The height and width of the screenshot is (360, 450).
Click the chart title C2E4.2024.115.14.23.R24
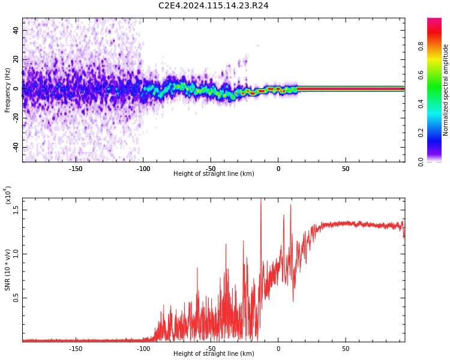pyautogui.click(x=213, y=5)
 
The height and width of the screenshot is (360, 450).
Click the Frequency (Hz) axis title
pyautogui.click(x=7, y=90)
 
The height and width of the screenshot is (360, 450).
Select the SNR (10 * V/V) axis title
pyautogui.click(x=8, y=269)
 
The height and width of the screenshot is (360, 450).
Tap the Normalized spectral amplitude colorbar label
pyautogui.click(x=446, y=90)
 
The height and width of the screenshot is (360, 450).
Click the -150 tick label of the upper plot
pyautogui.click(x=76, y=169)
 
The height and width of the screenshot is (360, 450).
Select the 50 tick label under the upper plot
pyautogui.click(x=346, y=169)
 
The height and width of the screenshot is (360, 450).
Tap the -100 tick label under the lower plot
pyautogui.click(x=143, y=349)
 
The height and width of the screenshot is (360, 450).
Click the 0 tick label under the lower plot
pyautogui.click(x=278, y=349)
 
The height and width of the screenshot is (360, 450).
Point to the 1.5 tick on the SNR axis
pyautogui.click(x=16, y=209)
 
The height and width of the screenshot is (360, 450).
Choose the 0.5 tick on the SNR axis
pyautogui.click(x=16, y=298)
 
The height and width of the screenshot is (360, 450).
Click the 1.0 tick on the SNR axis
pyautogui.click(x=16, y=253)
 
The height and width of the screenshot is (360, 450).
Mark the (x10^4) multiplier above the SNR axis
pyautogui.click(x=8, y=196)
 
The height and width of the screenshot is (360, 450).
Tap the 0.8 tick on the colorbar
pyautogui.click(x=421, y=46)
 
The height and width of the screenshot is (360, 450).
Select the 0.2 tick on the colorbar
pyautogui.click(x=421, y=133)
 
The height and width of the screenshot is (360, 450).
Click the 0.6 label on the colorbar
pyautogui.click(x=421, y=75)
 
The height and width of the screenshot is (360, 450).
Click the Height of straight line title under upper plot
pyautogui.click(x=214, y=174)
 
